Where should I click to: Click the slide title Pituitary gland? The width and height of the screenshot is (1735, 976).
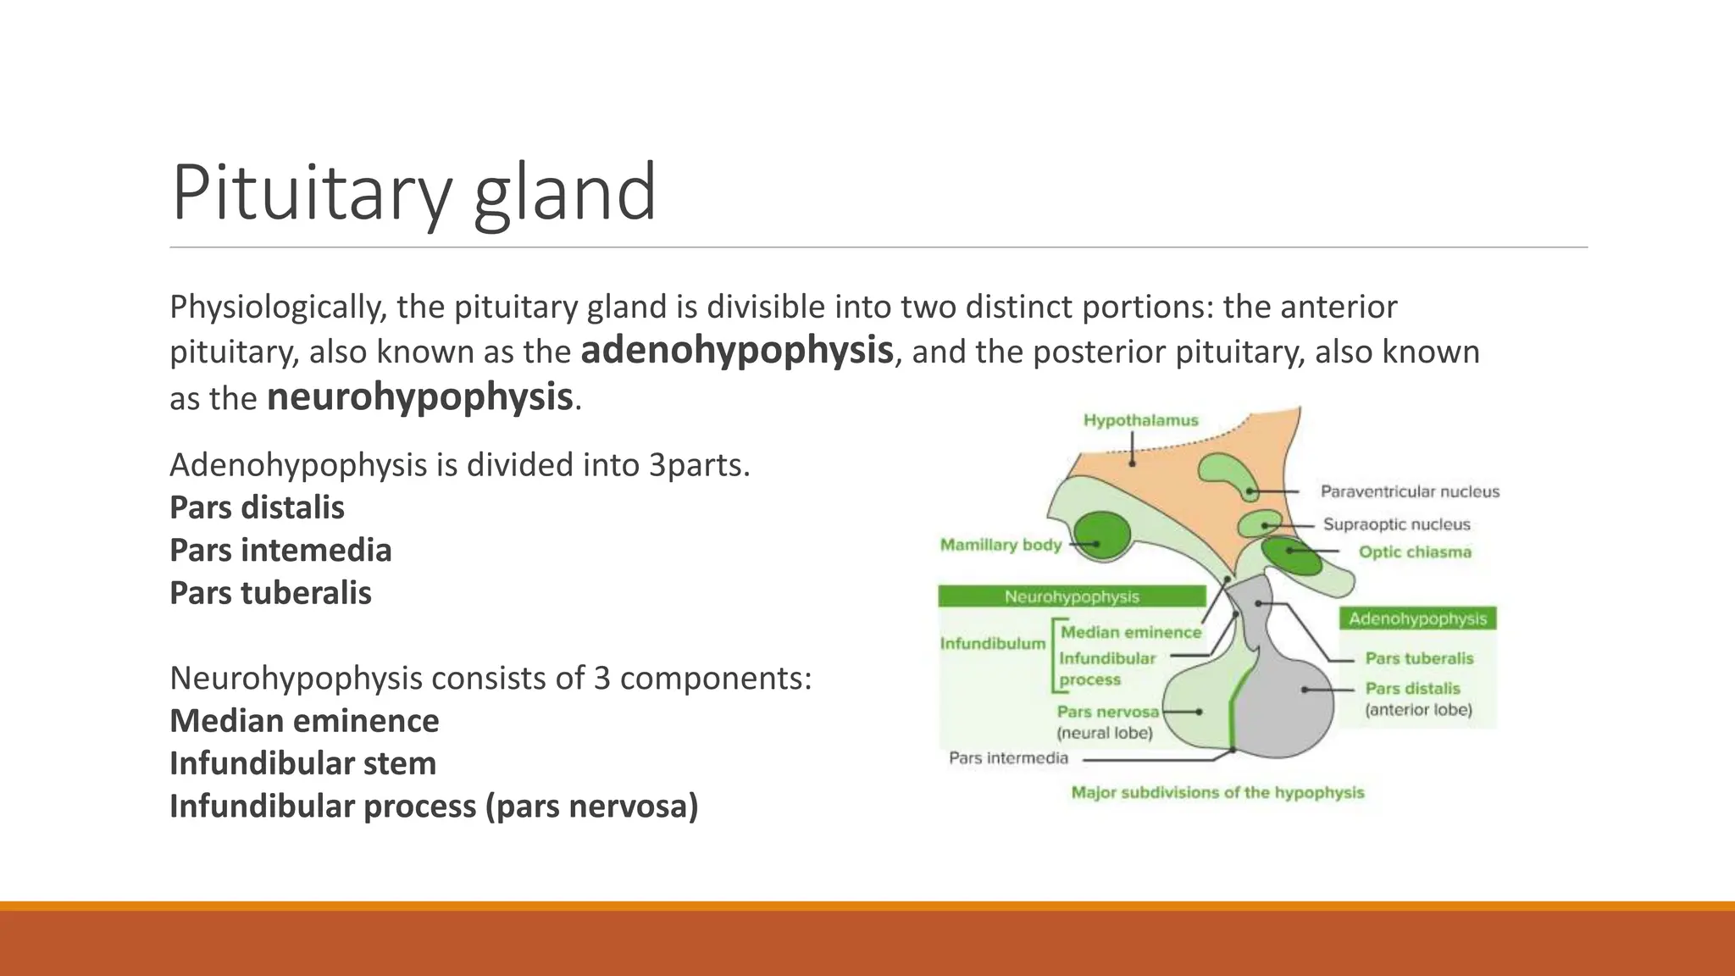click(413, 193)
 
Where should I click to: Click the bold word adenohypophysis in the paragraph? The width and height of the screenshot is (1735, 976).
click(736, 351)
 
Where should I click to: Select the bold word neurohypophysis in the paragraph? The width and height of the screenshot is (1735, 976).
click(419, 397)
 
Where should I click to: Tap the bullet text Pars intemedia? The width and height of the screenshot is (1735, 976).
click(280, 551)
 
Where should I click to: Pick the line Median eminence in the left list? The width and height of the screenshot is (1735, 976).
click(304, 721)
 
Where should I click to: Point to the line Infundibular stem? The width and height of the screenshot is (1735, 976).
click(302, 763)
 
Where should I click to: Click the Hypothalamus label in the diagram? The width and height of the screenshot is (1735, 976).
click(1140, 420)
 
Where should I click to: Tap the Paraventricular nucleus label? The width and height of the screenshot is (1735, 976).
click(1410, 491)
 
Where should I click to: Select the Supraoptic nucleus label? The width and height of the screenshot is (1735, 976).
click(1396, 524)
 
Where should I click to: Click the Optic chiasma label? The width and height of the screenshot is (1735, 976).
click(1415, 552)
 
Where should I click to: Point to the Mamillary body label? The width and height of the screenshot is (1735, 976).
click(1001, 545)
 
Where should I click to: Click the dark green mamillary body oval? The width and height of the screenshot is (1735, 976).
click(1101, 535)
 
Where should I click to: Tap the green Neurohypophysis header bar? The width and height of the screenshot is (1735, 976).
click(1072, 596)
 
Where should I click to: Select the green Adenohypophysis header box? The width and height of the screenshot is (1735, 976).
click(1417, 618)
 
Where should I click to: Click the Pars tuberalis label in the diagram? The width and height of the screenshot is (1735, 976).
click(1419, 658)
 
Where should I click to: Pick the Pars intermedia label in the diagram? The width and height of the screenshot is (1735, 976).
click(1008, 758)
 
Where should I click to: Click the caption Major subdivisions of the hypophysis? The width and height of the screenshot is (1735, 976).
click(1217, 793)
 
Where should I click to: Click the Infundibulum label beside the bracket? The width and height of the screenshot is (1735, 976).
click(992, 644)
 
